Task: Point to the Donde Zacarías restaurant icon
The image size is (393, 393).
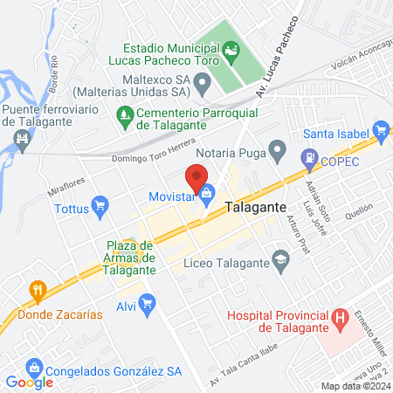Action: pos(37,289)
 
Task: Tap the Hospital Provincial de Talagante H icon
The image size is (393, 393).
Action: pos(341,320)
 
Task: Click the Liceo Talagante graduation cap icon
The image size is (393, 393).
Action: pos(280,259)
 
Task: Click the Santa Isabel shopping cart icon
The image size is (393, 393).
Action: pos(380,133)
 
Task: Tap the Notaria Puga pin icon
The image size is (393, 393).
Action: pos(278,153)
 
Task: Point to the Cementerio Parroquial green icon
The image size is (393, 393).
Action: pos(125,113)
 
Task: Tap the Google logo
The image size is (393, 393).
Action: pos(30,382)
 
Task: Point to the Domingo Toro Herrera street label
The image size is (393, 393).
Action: pos(154,155)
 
